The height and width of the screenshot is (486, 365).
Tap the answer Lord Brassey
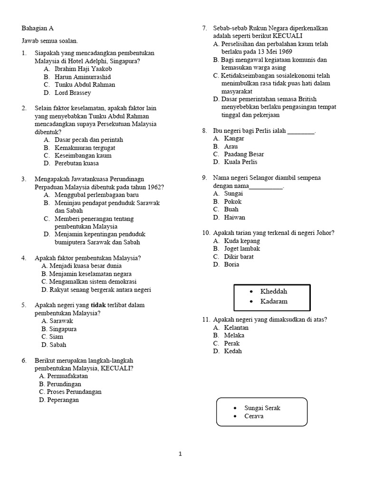click(73, 93)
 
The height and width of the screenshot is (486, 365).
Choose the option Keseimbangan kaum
click(83, 155)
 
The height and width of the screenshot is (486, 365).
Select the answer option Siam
click(56, 336)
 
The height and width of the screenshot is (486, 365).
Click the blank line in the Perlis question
click(301, 131)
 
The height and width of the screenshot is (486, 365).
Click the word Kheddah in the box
click(274, 291)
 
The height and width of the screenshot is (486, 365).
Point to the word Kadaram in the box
click(274, 301)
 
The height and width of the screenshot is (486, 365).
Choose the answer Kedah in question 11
click(233, 351)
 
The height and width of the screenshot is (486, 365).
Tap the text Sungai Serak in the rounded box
click(265, 408)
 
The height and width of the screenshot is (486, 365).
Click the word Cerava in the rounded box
click(254, 416)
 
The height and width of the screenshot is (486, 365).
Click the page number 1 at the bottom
click(180, 454)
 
